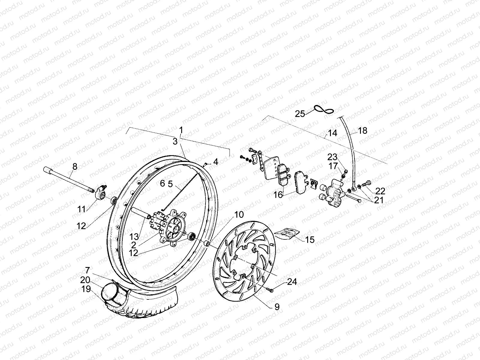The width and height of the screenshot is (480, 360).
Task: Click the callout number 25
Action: coord(300,114)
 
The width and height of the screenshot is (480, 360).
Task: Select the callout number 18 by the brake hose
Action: coord(362,130)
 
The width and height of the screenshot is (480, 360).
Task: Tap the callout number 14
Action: coord(332,133)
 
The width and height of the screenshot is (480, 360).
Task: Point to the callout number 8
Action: coord(75,166)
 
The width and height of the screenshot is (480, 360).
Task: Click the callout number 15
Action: coord(310,239)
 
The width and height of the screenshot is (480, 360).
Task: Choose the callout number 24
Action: coord(292,282)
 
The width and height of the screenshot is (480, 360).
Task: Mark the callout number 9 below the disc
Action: coord(277,307)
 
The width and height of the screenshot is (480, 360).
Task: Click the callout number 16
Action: coord(278,195)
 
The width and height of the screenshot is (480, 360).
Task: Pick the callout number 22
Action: coord(380,191)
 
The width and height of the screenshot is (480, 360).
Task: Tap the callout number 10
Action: coord(239,215)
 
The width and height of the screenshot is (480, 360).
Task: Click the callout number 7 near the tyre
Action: coord(87,269)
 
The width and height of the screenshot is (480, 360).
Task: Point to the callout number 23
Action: coord(332,157)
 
